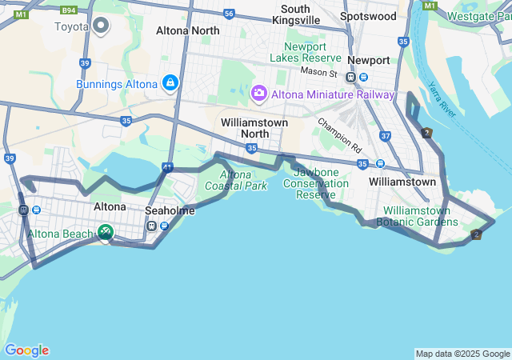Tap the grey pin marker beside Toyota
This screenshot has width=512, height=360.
point(101,26)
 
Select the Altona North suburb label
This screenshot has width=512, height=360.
point(187,30)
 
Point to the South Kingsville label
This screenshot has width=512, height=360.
point(296,14)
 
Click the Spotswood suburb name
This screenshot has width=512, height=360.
point(368,16)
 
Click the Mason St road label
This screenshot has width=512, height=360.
point(318,72)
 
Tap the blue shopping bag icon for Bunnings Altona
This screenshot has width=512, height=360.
point(170,83)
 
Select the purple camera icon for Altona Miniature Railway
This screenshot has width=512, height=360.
point(259,94)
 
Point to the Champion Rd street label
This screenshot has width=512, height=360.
point(339,135)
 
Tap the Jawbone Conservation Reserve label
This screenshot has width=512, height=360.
point(321,183)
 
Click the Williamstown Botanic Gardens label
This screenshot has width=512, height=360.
point(414,216)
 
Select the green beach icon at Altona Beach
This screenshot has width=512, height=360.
point(105,232)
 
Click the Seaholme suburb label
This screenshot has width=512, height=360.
point(170,210)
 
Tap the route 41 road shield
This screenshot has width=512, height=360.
point(166,168)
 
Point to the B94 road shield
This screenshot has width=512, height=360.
point(70,10)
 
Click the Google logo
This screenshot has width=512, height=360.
point(26,350)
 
